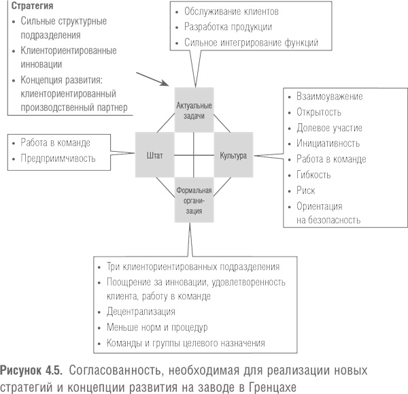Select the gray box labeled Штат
pos(154,156)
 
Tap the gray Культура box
pos(233,156)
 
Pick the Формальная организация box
pos(194,200)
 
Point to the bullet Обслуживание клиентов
pos(231,12)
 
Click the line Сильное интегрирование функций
pos(251,42)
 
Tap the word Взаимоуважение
pos(330,97)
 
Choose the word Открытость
pos(319,112)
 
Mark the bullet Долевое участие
pos(328,128)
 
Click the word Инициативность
pos(328,144)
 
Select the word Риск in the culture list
pos(306,191)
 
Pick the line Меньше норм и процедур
pos(157,327)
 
